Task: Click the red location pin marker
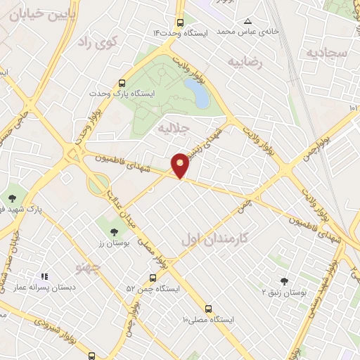181,165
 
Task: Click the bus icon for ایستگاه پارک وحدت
123,82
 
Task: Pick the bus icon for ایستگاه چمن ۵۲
153,278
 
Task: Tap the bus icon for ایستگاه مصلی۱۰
207,308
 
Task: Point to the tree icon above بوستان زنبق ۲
284,281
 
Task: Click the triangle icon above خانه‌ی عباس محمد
247,21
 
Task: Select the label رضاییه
245,63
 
